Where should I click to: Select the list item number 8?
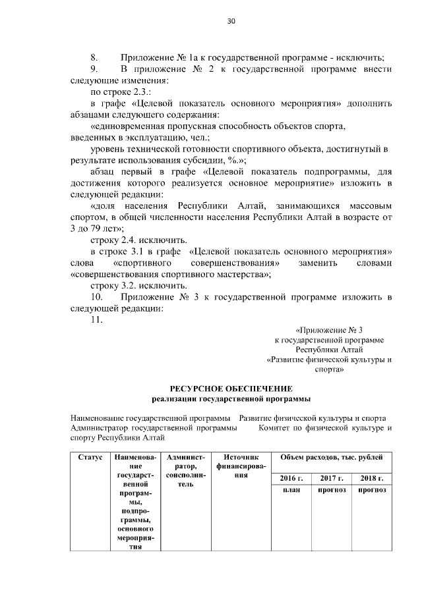(94, 57)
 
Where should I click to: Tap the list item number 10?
(96, 298)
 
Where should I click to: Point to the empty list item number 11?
(97, 320)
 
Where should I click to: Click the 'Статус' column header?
(89, 457)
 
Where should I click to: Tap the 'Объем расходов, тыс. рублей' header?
(336, 457)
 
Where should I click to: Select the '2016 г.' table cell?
(291, 478)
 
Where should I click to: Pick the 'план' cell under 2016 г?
(291, 491)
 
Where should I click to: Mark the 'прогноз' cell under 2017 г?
(332, 491)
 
